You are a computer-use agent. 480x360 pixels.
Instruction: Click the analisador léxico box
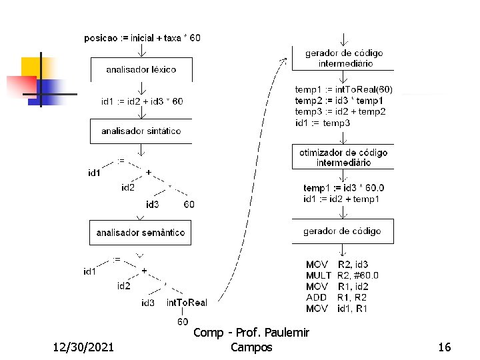141,69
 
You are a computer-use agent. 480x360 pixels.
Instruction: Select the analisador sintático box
141,131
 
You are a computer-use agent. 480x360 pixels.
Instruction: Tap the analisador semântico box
141,233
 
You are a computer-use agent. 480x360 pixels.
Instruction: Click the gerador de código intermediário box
343,58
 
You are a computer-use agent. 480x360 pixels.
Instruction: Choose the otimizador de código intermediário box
343,157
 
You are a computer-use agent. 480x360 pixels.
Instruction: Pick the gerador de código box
343,231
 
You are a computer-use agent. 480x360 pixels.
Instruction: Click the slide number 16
445,347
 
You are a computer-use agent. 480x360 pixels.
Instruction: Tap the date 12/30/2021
82,347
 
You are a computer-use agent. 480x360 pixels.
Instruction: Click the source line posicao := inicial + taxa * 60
141,38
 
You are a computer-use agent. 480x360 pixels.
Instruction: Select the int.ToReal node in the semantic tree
187,303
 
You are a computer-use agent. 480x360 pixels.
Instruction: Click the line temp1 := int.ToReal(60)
344,89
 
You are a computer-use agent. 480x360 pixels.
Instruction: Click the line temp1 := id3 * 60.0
343,188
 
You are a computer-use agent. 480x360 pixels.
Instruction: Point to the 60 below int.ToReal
183,322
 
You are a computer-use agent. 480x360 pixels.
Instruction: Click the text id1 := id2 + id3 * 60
142,101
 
